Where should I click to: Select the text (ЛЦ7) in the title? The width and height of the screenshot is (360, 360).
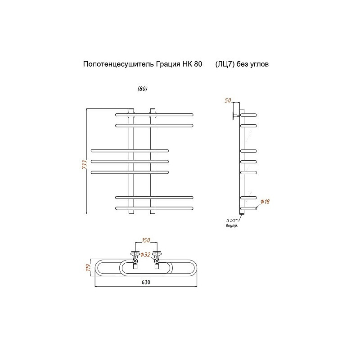225,64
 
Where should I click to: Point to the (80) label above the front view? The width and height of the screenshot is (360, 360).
142,89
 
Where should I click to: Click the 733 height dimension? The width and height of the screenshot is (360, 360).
84,164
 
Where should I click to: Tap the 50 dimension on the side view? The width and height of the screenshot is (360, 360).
228,100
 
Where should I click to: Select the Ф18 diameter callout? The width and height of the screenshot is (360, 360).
265,202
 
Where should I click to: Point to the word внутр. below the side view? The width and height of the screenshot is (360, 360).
231,226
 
